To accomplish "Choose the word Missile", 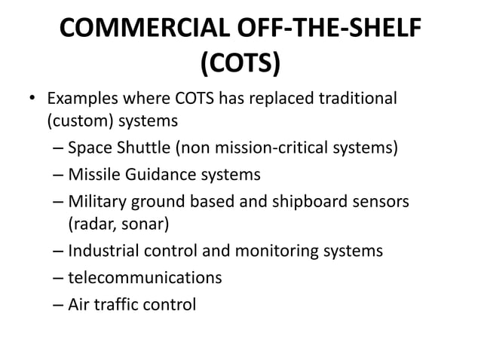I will (93, 175).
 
